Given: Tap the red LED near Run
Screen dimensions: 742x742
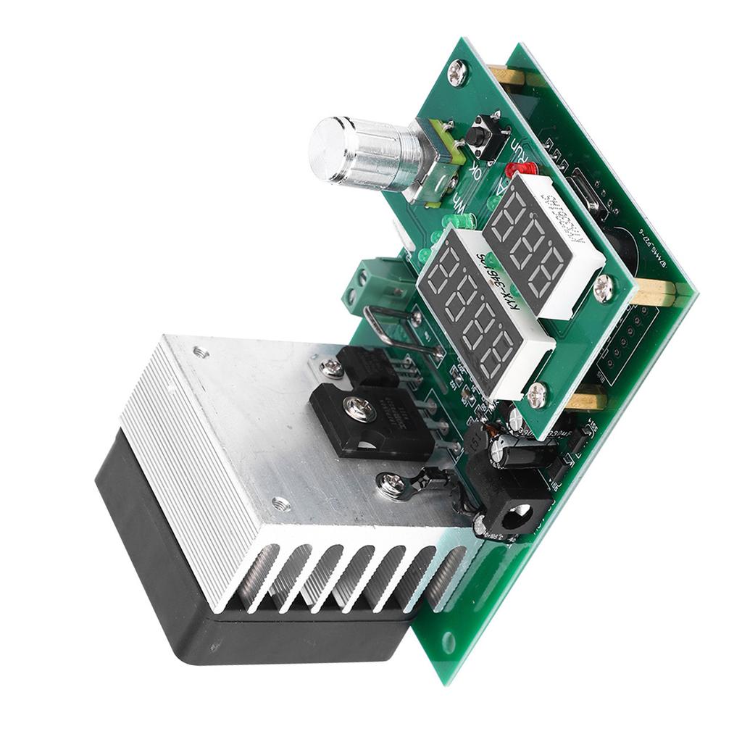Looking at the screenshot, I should [519, 170].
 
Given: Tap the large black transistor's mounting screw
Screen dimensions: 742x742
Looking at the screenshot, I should [360, 410].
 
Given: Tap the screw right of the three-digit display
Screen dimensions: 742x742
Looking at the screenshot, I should [604, 289].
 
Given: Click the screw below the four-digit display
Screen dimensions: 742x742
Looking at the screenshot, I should [537, 395].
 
